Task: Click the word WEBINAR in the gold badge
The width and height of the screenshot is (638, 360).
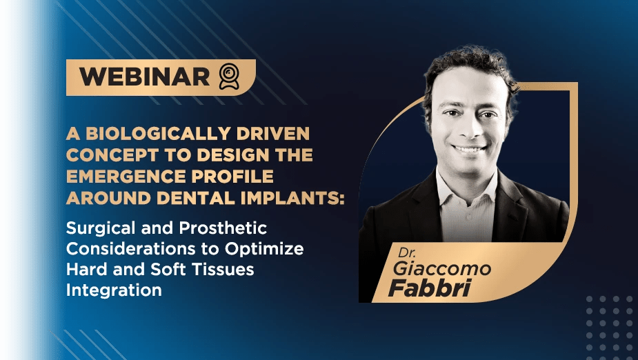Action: (x=144, y=77)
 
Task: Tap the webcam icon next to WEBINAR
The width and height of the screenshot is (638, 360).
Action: (x=229, y=76)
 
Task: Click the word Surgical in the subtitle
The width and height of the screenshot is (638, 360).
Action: (x=101, y=228)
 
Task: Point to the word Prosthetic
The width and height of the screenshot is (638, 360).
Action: (x=223, y=228)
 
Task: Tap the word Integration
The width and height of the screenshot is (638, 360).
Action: (x=114, y=291)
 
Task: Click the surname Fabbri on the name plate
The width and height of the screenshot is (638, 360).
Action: (x=430, y=288)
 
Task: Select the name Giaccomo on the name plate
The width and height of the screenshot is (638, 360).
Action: (x=442, y=269)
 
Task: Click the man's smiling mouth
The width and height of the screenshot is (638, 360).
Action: (x=469, y=149)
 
